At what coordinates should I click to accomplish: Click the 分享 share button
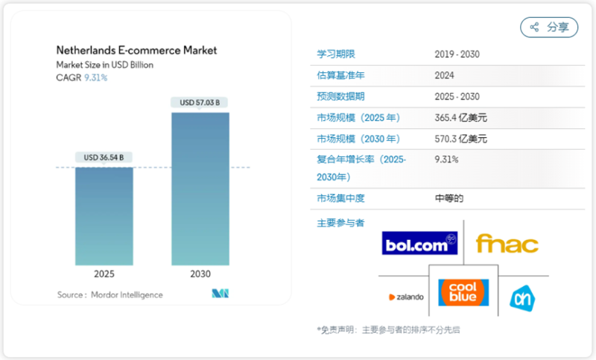(x=549, y=28)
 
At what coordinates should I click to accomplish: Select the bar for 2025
(x=104, y=216)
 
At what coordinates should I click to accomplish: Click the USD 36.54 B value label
(x=104, y=157)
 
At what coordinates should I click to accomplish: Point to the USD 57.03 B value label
(x=200, y=102)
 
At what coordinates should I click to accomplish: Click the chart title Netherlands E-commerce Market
(x=136, y=51)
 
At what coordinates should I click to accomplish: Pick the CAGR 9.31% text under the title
(x=82, y=78)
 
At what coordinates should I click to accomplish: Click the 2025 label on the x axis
(x=104, y=274)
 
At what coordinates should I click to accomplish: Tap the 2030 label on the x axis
(x=200, y=274)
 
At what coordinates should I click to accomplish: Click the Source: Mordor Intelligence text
(x=110, y=295)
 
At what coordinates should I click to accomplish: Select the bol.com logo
(x=419, y=243)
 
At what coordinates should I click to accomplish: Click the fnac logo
(x=507, y=244)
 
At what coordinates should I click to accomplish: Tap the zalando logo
(x=406, y=297)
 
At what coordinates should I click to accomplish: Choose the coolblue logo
(x=463, y=292)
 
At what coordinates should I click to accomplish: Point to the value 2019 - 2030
(x=457, y=54)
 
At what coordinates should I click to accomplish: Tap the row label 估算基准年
(x=340, y=75)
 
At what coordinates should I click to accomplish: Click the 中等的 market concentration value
(x=449, y=198)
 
